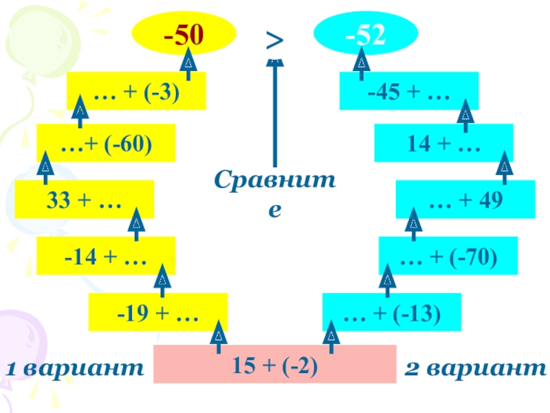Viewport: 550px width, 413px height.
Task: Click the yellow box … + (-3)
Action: click(x=136, y=92)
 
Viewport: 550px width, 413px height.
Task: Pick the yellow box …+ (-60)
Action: click(x=106, y=143)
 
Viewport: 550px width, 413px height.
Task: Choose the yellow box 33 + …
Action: click(x=84, y=200)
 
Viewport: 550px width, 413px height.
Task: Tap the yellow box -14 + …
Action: click(x=106, y=256)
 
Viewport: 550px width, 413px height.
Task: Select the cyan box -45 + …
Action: click(x=409, y=92)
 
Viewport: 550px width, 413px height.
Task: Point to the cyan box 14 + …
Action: click(x=443, y=143)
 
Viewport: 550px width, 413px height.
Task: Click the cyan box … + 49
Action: click(x=465, y=200)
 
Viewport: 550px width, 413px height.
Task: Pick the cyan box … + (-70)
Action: click(x=448, y=256)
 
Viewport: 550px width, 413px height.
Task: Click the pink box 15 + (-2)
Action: click(x=275, y=363)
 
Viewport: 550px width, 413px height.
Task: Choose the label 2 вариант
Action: click(x=474, y=370)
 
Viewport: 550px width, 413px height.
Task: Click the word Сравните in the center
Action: click(x=275, y=193)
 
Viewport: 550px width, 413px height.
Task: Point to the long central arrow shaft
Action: click(x=275, y=117)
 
